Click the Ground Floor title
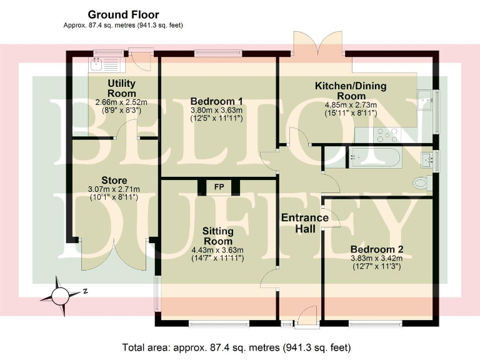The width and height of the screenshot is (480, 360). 123,14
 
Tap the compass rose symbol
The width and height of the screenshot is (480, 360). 61,291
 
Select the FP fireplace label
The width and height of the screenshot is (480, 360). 219,187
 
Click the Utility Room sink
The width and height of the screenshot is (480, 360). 97,63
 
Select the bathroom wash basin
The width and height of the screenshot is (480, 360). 428,157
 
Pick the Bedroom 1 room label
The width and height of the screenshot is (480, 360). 216,101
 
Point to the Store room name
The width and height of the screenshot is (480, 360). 114,181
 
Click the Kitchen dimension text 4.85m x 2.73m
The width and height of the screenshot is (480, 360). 350,105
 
